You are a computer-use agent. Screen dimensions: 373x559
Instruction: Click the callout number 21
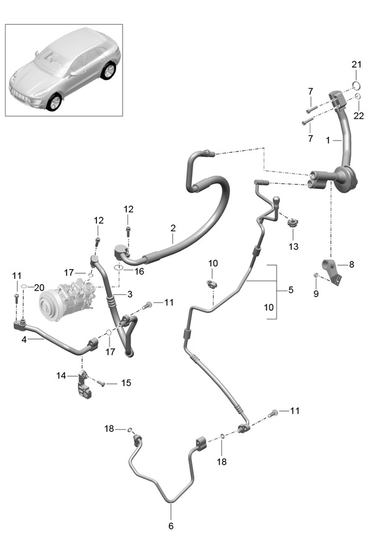click(356, 65)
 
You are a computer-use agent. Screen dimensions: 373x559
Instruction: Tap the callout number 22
click(359, 116)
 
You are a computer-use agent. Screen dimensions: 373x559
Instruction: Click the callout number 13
click(293, 247)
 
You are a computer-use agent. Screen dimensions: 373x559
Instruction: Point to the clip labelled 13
click(293, 223)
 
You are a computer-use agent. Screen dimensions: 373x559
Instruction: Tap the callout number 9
click(316, 294)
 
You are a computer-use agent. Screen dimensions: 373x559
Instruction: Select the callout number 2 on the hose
click(173, 228)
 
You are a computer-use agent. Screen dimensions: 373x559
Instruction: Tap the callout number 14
click(61, 375)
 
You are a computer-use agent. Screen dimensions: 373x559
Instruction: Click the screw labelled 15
click(101, 383)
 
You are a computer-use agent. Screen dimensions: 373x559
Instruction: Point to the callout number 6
click(171, 526)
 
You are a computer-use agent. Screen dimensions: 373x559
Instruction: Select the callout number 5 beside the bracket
click(291, 290)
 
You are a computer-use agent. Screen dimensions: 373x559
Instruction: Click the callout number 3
click(129, 294)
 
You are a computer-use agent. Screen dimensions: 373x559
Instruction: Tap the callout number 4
click(24, 340)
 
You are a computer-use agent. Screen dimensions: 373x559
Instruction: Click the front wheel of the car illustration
click(55, 102)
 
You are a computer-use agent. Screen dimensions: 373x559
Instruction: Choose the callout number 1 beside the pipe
click(328, 140)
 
